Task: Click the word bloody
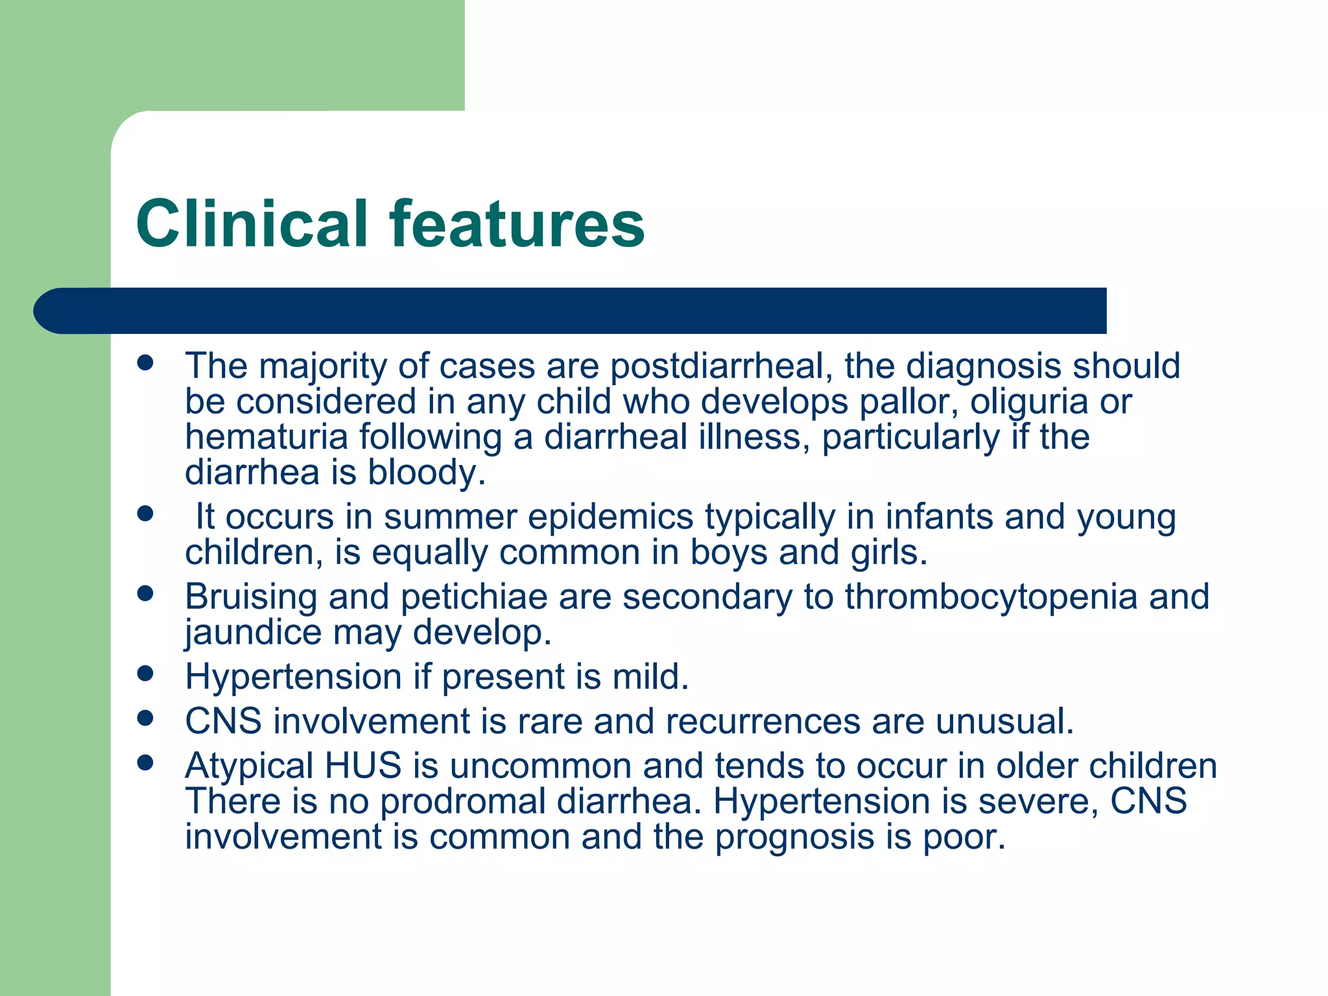coord(427,472)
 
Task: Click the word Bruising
coord(251,597)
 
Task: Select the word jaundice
coord(253,632)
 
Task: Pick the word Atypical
coord(249,766)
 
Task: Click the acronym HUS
coord(363,766)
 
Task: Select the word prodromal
coord(462,801)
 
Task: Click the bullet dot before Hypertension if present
coord(145,673)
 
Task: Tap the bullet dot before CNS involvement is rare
coord(145,718)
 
